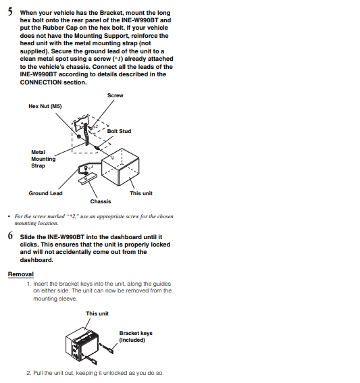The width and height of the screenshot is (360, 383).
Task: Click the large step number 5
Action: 10,11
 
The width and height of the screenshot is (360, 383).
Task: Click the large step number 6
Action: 10,236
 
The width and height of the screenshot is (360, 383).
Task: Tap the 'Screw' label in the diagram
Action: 115,95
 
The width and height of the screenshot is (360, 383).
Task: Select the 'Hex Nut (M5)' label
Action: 45,106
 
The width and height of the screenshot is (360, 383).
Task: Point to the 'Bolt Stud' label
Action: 119,131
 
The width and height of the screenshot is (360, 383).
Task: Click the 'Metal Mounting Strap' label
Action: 43,159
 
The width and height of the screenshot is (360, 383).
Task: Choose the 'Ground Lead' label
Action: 46,193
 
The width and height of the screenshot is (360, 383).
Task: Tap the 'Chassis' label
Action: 101,201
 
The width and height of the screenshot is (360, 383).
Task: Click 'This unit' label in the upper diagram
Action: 141,193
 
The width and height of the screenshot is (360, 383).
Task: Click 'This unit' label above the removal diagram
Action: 97,313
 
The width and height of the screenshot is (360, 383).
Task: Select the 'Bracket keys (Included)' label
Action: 136,336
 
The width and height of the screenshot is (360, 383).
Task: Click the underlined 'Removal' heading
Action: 21,274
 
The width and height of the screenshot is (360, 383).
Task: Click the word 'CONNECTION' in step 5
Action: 41,82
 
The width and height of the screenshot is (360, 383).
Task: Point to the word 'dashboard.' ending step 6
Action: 36,260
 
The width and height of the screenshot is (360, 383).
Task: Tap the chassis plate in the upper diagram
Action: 87,179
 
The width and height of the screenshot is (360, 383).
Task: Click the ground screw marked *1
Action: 86,169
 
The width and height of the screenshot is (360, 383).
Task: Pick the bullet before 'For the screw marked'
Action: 9,216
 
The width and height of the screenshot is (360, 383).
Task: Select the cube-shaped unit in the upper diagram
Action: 120,167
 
